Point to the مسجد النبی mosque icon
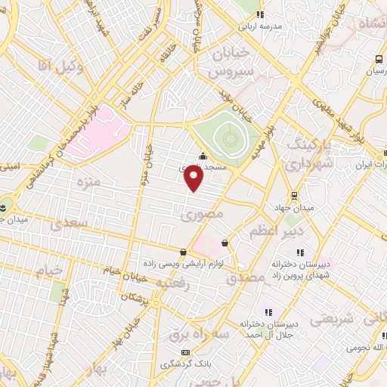point(201,157)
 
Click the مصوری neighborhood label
point(199,215)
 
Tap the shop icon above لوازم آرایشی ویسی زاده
point(184,252)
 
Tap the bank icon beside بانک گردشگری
point(186,352)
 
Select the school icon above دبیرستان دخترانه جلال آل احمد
point(267,311)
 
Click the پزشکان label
point(153,301)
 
